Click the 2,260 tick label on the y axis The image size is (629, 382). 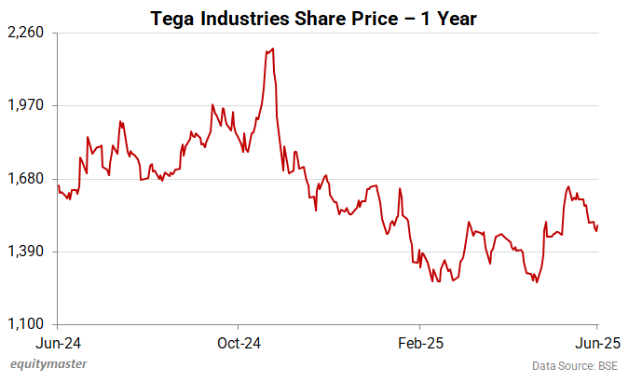click(26, 33)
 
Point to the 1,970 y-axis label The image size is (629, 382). click(26, 105)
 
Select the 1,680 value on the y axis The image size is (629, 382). click(26, 179)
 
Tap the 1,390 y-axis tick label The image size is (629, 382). click(26, 252)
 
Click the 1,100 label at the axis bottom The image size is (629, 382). click(26, 324)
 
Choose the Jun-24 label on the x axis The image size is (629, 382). click(58, 342)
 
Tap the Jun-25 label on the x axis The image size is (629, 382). click(596, 342)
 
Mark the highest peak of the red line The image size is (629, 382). click(271, 48)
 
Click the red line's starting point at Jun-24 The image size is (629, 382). click(58, 185)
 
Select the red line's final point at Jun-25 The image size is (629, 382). click(596, 225)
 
